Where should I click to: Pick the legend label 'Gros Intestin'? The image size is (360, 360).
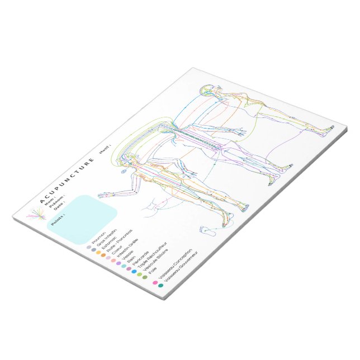tap(107, 238)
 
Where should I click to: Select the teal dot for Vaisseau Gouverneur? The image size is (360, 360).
tap(161, 286)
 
